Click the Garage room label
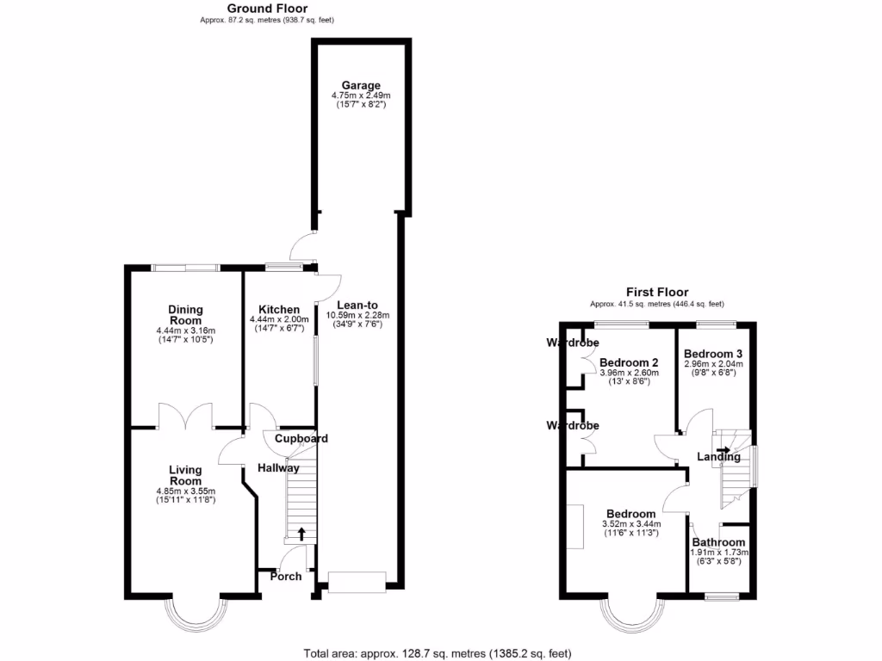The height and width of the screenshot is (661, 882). (x=361, y=85)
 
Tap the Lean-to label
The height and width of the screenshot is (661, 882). (x=357, y=305)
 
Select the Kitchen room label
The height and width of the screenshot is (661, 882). (x=279, y=310)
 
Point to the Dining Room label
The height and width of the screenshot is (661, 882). (x=185, y=315)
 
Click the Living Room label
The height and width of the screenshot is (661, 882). (x=185, y=475)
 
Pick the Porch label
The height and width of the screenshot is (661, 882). (x=286, y=576)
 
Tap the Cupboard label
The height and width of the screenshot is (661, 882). (x=301, y=439)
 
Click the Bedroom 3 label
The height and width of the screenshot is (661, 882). (x=712, y=354)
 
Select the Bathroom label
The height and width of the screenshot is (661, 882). (x=718, y=541)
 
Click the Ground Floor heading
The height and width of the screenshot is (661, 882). (x=267, y=9)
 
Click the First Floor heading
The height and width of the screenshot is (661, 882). (x=657, y=293)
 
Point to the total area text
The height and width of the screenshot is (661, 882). (x=438, y=653)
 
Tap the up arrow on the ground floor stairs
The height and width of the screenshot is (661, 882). (x=301, y=534)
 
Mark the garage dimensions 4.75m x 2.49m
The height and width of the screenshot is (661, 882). (x=361, y=96)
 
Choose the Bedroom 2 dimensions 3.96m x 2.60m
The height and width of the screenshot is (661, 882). (x=629, y=373)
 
